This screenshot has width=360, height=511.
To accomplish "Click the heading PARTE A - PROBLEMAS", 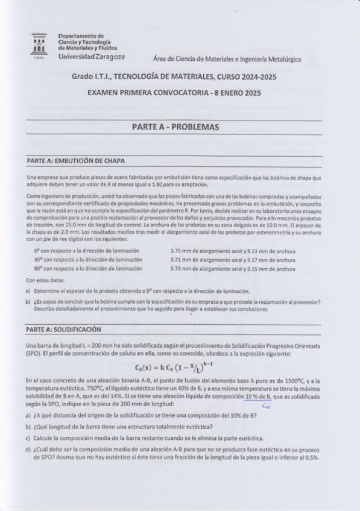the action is pos(175,127).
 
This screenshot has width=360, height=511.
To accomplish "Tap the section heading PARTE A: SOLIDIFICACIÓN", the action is pos(65,330).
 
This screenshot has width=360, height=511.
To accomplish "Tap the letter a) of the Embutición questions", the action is pos(28,290).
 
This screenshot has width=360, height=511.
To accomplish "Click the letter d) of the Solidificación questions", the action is pos(28,448).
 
